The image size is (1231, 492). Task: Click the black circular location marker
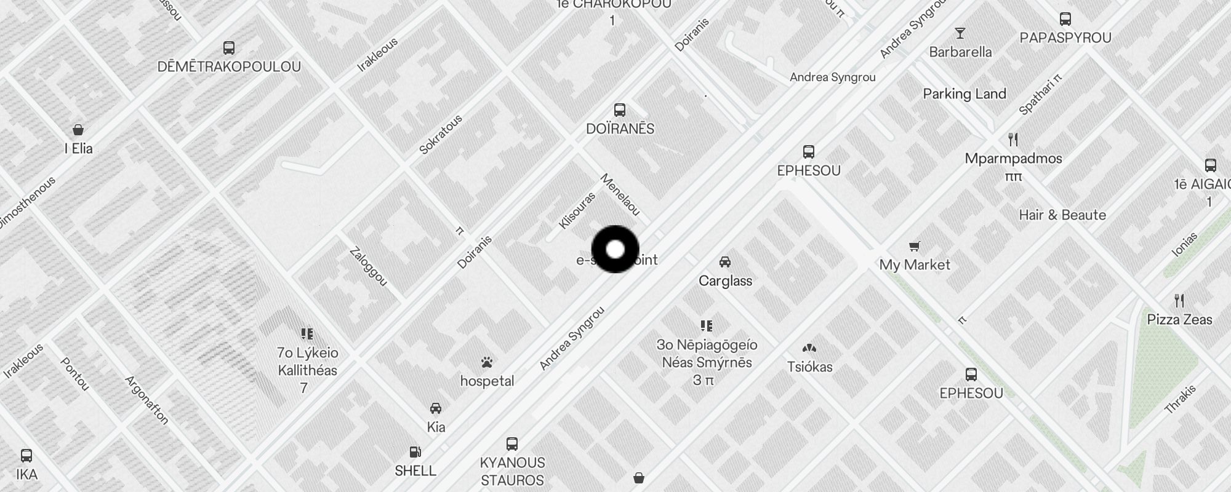coord(615,249)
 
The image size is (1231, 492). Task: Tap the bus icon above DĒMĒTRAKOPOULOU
coord(229,48)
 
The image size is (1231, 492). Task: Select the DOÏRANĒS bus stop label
coord(620,129)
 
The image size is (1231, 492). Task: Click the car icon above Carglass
coord(725,262)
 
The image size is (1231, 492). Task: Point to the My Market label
coord(915,264)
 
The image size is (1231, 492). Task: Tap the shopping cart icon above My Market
coord(915,247)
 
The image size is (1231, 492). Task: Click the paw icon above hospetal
coord(487,362)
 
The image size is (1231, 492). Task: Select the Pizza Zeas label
coord(1179,319)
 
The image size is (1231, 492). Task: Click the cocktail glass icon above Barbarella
coord(960,33)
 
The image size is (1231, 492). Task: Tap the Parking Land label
coord(964,93)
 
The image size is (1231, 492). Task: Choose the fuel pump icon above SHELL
coord(416,452)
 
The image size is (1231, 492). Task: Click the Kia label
coord(436,427)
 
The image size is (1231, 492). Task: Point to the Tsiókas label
coord(809,367)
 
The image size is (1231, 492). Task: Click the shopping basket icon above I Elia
coord(78,130)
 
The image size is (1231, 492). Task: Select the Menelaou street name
coord(620,194)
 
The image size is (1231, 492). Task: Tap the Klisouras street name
coord(577,211)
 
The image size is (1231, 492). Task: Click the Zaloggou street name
coord(368,266)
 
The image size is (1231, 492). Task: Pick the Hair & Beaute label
coord(1062,215)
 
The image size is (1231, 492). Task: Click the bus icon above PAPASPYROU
coord(1065,19)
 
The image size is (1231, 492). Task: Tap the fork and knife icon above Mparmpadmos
coord(1013,140)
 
